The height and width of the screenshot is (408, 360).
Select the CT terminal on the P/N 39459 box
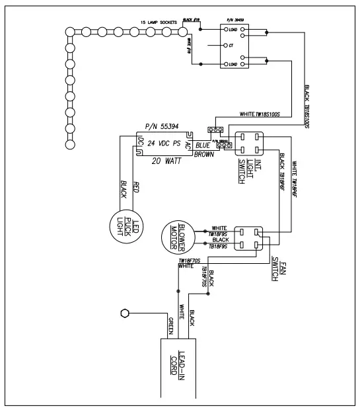(230, 46)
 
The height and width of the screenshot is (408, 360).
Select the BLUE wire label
(203, 144)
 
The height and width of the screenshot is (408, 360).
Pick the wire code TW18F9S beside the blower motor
(219, 233)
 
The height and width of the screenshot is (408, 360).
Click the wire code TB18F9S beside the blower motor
(219, 245)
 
